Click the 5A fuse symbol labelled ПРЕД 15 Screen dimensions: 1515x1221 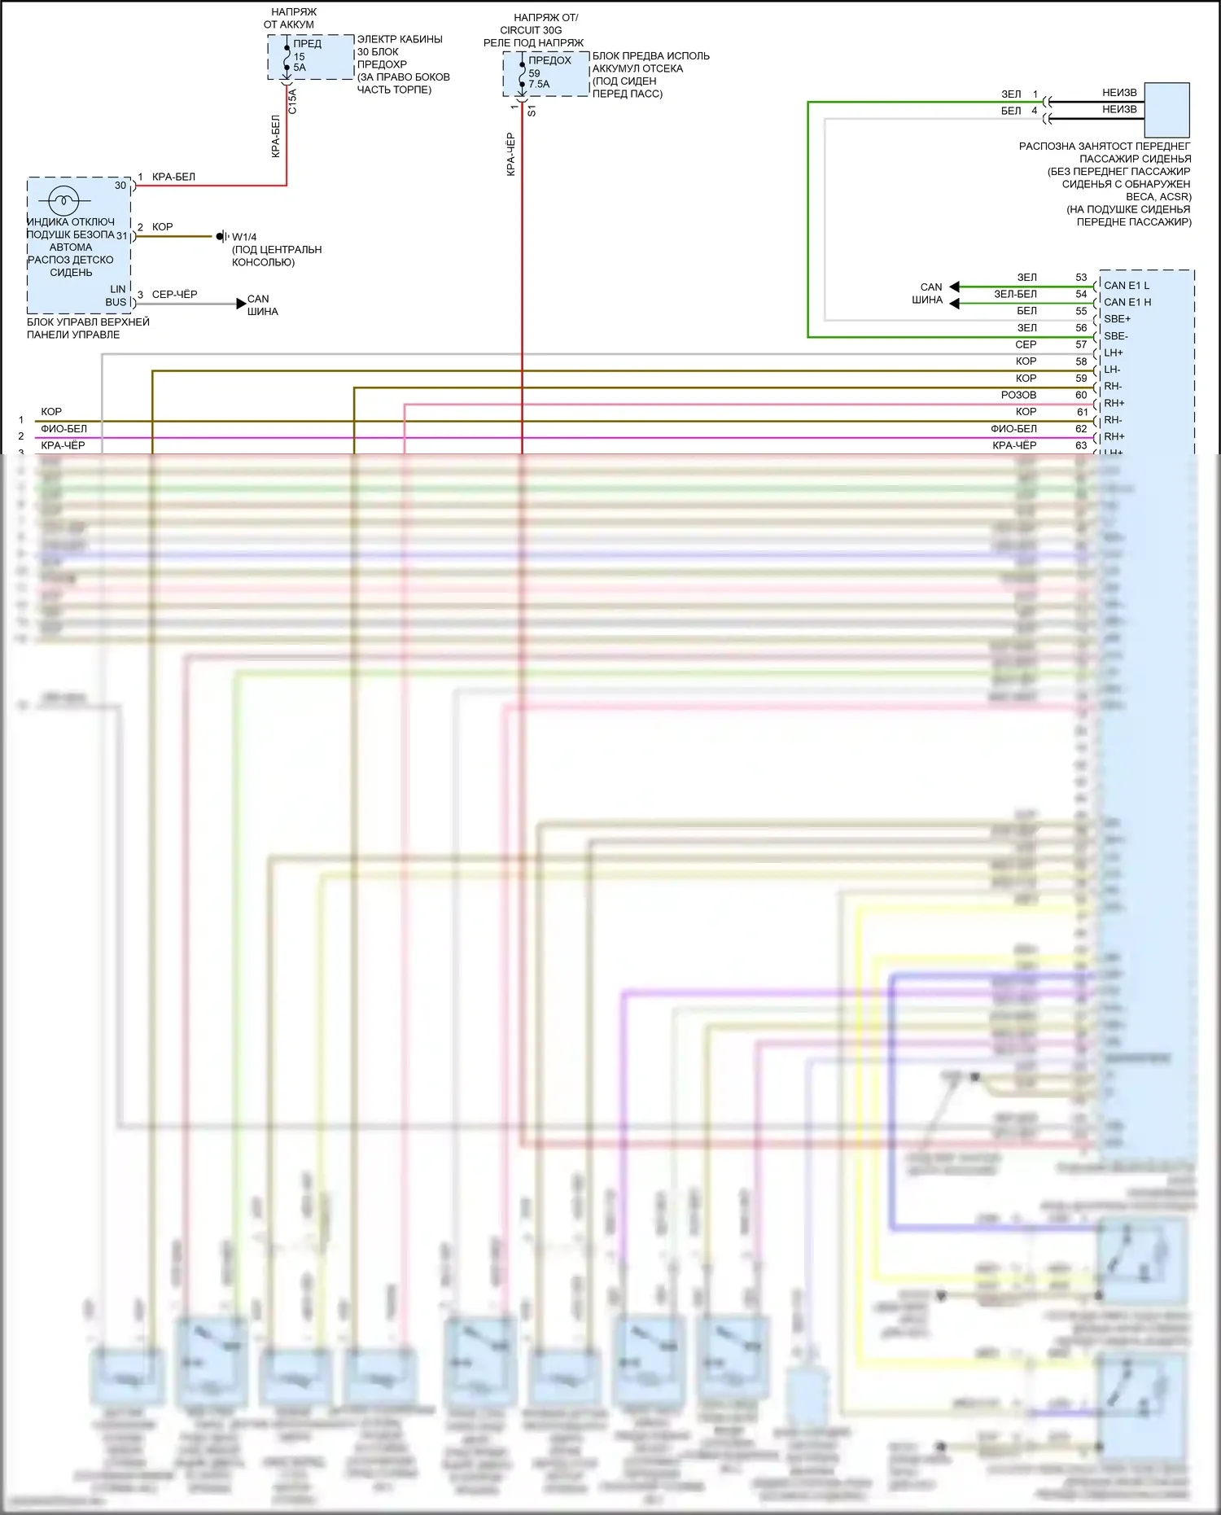click(x=287, y=57)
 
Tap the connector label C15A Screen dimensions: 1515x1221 click(x=293, y=101)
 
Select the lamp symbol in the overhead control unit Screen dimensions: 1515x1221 click(x=63, y=200)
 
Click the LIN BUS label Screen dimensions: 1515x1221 click(x=116, y=296)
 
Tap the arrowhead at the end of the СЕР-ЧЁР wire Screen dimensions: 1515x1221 click(x=241, y=304)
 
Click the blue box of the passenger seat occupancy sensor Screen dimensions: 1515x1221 click(x=1166, y=110)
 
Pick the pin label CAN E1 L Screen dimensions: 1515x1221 click(x=1127, y=286)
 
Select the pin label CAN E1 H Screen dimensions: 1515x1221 click(x=1127, y=302)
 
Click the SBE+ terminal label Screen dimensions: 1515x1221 click(x=1117, y=319)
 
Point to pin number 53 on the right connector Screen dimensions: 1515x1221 click(x=1081, y=278)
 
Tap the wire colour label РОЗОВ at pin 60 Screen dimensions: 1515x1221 click(x=1018, y=395)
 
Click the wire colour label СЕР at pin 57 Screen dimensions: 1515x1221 click(x=1026, y=344)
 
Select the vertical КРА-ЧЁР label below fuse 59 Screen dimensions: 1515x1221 click(x=511, y=155)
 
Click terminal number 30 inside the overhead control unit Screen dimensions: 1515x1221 click(x=120, y=186)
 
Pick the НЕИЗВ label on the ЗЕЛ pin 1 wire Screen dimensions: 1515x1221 click(x=1119, y=93)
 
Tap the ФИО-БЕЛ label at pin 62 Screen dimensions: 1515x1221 click(x=1013, y=428)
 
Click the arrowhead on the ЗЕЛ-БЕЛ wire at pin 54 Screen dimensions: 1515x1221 click(x=955, y=304)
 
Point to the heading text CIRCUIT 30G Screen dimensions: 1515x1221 click(x=531, y=30)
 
